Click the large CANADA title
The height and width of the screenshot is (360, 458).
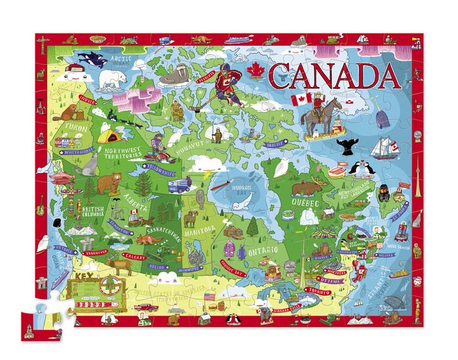pyautogui.click(x=325, y=76)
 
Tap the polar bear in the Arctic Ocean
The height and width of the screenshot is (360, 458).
pyautogui.click(x=113, y=80)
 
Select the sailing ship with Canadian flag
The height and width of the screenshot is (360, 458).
pyautogui.click(x=388, y=148)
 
